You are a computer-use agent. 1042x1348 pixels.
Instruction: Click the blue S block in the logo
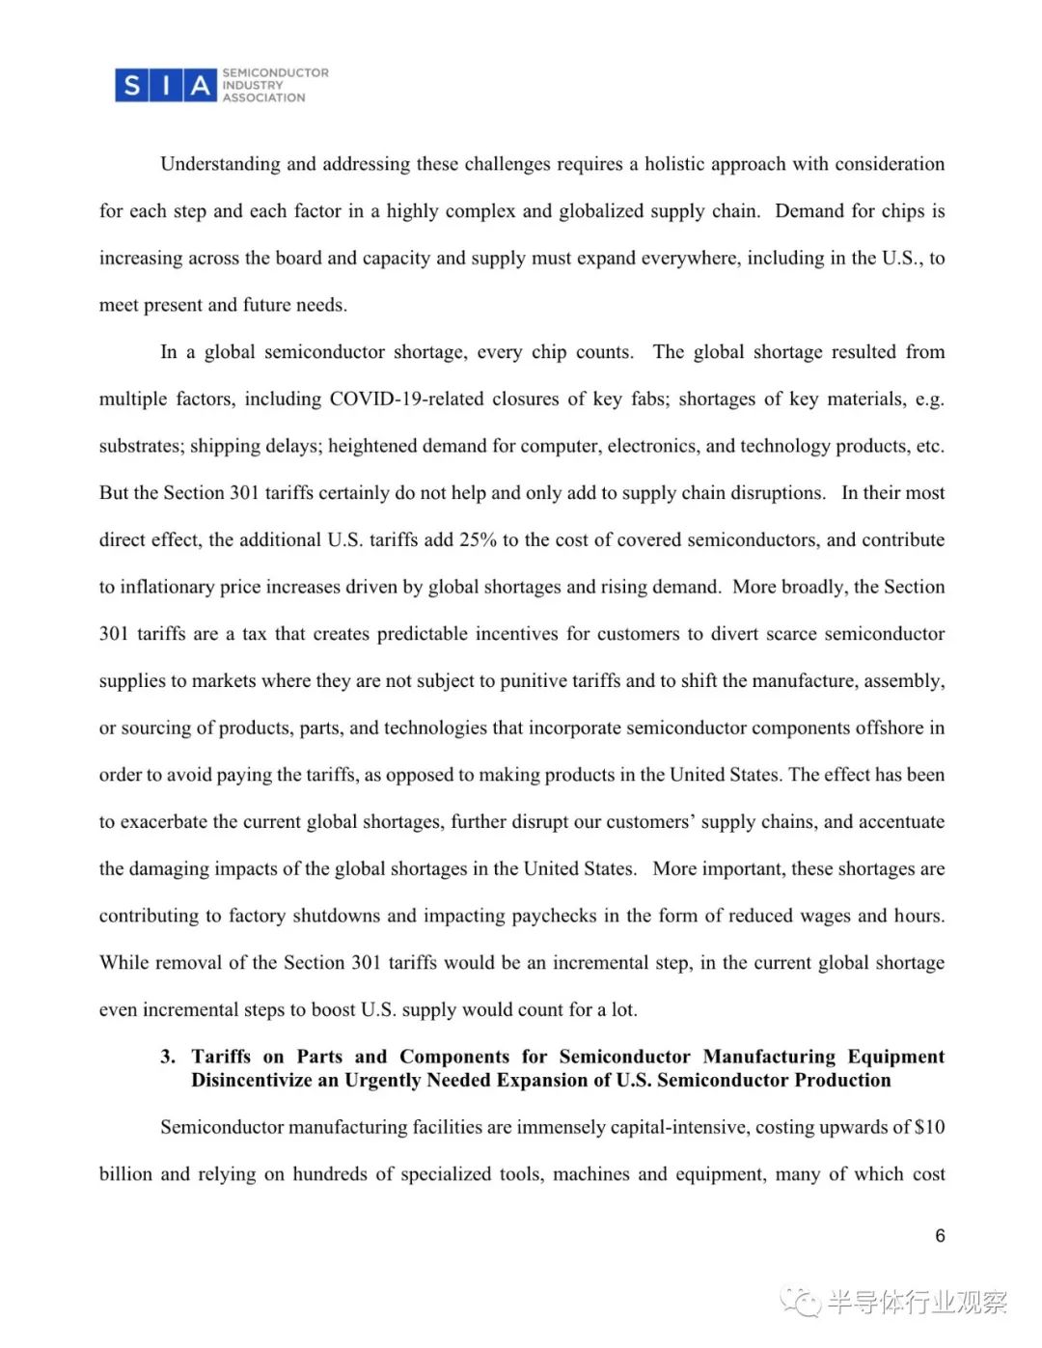(x=131, y=86)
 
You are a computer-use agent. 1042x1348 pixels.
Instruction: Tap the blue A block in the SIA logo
(x=200, y=86)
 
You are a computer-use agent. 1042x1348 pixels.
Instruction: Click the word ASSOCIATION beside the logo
(x=263, y=97)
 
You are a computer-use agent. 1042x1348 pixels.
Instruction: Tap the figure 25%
(x=478, y=540)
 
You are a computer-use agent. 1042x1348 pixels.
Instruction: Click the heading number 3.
(x=168, y=1057)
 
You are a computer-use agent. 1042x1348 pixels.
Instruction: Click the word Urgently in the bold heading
(x=382, y=1081)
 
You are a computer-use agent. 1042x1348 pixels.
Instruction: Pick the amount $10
(x=929, y=1127)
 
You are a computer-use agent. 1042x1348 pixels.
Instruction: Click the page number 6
(x=940, y=1236)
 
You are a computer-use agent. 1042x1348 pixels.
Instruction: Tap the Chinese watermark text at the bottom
(x=916, y=1303)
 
